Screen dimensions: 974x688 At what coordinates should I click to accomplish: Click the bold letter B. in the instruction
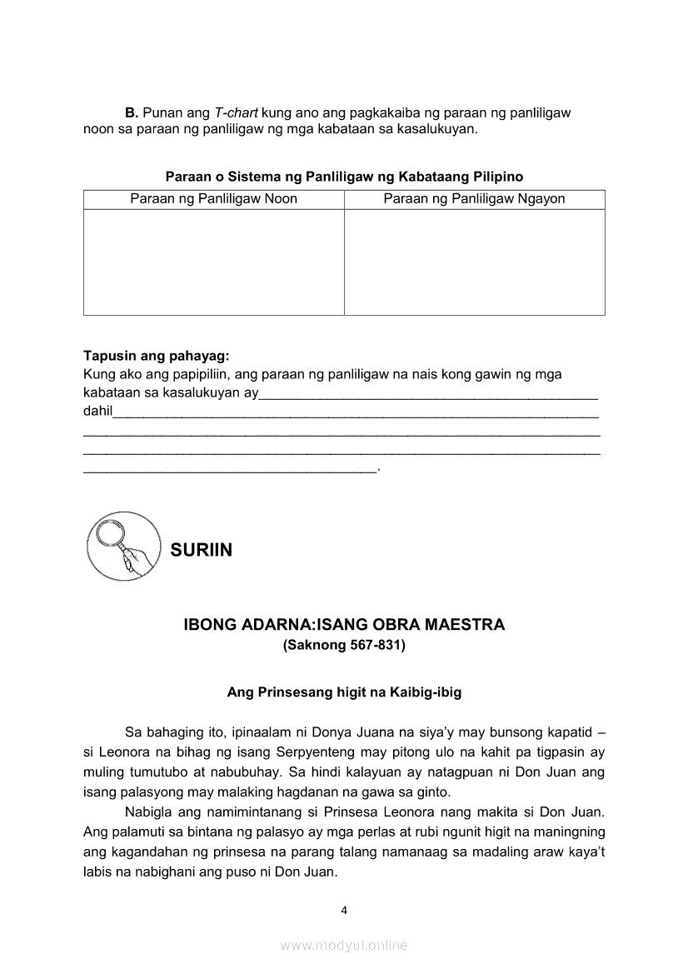tap(132, 112)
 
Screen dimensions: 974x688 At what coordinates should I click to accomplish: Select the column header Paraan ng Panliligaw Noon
tap(213, 199)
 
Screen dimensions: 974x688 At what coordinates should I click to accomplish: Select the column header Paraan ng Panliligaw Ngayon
tap(474, 199)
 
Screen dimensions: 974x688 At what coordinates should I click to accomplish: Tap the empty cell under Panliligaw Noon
tap(213, 262)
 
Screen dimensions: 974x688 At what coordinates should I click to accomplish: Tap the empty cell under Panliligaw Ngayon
tap(474, 262)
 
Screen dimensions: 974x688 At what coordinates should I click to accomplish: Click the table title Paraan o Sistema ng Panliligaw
tap(344, 177)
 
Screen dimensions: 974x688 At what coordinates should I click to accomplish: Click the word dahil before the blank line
tap(97, 410)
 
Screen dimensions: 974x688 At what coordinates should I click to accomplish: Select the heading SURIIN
tap(201, 550)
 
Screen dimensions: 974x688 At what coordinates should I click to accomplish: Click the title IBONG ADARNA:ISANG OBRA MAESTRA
tap(344, 625)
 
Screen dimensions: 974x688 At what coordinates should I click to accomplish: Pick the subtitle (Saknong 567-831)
tap(344, 645)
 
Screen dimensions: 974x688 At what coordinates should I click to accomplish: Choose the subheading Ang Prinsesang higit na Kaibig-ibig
tap(344, 692)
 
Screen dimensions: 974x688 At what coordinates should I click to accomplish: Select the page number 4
tap(344, 910)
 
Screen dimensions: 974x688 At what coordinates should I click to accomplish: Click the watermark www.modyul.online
tap(344, 945)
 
